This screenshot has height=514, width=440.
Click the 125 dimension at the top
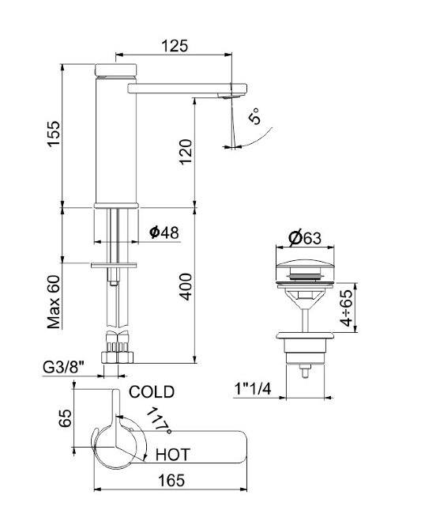(x=175, y=46)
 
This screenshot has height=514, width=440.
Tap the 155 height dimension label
(x=54, y=134)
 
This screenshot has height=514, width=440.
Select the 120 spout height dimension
(x=186, y=152)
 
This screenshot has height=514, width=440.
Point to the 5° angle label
(x=255, y=115)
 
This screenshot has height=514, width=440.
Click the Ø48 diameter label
(x=164, y=232)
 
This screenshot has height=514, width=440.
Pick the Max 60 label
(x=54, y=302)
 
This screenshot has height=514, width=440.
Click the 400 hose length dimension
(x=186, y=287)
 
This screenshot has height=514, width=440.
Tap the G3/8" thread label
(x=63, y=368)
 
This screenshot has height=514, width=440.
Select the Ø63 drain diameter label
(x=305, y=238)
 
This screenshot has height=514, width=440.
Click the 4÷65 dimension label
(x=346, y=308)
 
